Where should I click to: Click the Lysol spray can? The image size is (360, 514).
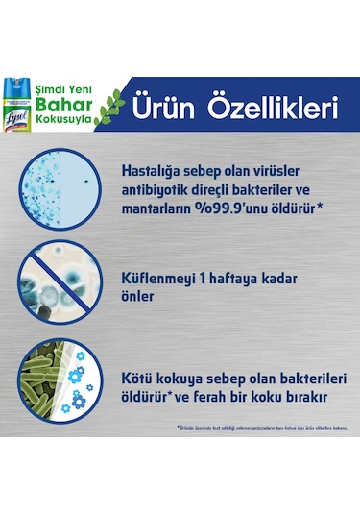click(19, 97)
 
